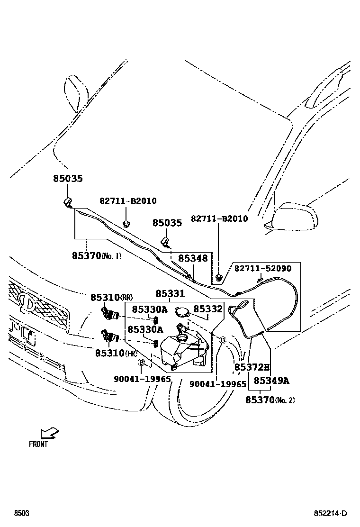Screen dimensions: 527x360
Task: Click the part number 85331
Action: (x=170, y=294)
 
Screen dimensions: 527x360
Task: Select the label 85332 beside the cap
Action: (x=208, y=309)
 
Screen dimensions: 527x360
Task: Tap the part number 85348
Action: (x=193, y=258)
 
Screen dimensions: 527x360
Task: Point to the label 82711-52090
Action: (x=263, y=269)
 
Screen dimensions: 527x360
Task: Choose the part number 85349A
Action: (x=271, y=381)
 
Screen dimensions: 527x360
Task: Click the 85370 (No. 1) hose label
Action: (x=97, y=255)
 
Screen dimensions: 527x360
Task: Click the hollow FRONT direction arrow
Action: (x=49, y=433)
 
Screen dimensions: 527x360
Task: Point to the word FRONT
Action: (x=38, y=445)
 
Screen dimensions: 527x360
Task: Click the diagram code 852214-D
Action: (x=330, y=514)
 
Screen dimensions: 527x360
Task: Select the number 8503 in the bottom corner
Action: (x=21, y=514)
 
